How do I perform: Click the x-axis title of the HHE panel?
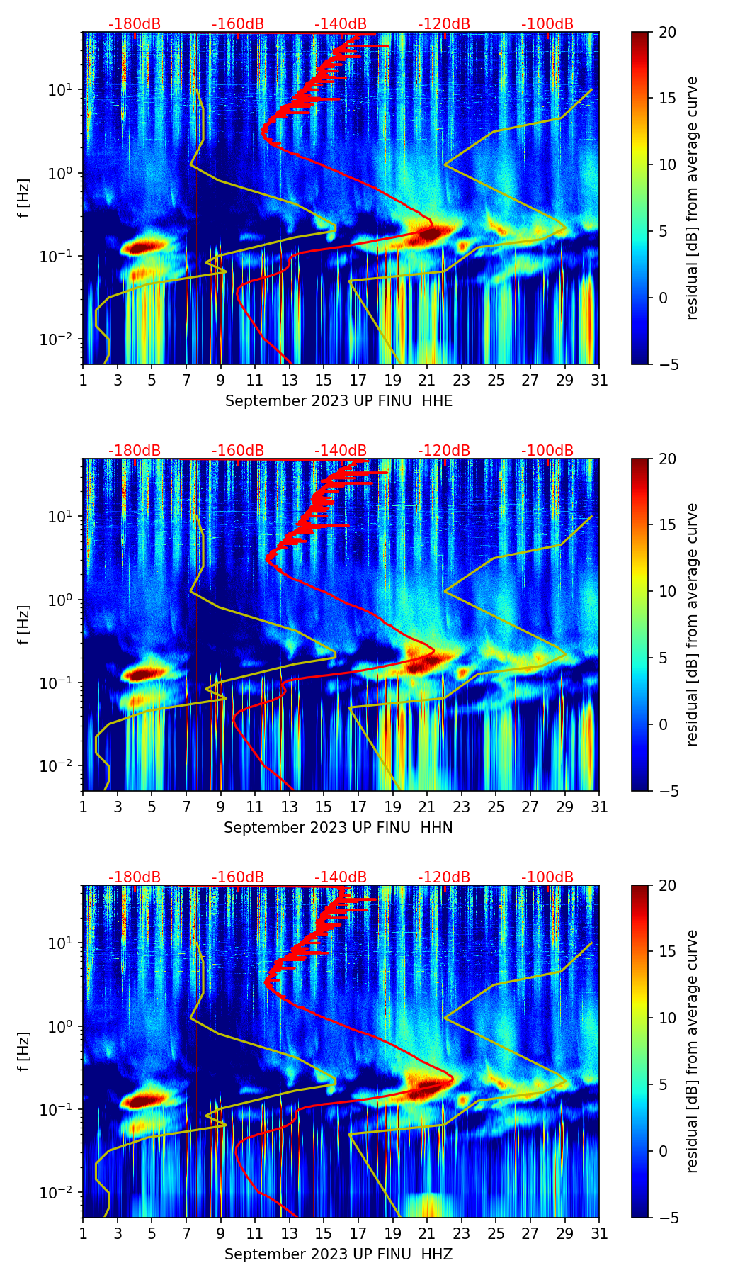click(339, 401)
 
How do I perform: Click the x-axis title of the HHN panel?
click(339, 828)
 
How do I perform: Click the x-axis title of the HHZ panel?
click(339, 1254)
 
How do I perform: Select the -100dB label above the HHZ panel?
click(547, 877)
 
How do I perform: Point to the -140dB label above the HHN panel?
click(341, 451)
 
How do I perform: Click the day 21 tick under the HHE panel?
click(426, 380)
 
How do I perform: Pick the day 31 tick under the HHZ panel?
click(599, 1233)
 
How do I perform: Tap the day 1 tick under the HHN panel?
click(83, 807)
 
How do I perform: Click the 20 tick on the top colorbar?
click(666, 33)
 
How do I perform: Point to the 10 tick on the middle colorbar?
click(666, 591)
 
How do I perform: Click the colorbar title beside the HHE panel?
click(692, 198)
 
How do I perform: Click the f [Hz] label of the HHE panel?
click(24, 198)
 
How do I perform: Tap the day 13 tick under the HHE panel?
click(289, 380)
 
